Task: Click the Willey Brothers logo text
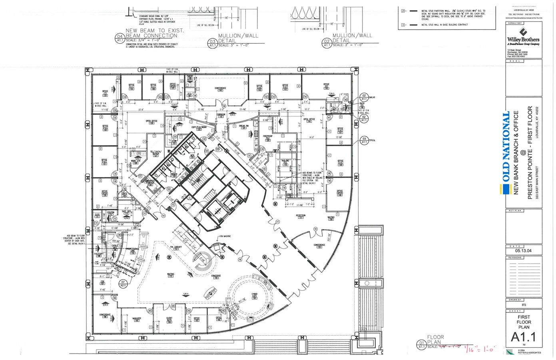click(x=523, y=39)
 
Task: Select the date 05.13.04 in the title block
click(x=523, y=251)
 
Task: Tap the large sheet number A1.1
click(x=523, y=337)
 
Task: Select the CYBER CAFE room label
click(x=255, y=296)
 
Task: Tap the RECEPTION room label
click(x=300, y=216)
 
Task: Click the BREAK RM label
click(x=244, y=126)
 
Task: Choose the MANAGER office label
click(x=137, y=320)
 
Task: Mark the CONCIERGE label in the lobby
click(x=216, y=276)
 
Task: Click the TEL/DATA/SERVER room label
click(x=155, y=153)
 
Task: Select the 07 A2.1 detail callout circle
click(x=123, y=284)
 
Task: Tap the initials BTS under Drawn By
click(x=524, y=305)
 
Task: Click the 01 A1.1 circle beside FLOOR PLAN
click(x=421, y=344)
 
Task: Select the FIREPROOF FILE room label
click(x=267, y=137)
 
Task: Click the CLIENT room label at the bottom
click(x=169, y=320)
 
